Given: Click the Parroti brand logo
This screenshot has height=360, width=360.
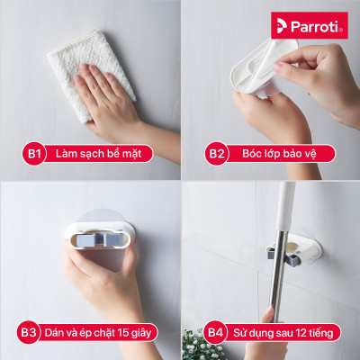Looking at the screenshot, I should [310, 25].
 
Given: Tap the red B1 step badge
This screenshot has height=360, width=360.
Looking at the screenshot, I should [35, 154].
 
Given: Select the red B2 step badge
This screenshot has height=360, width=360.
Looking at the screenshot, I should [217, 154].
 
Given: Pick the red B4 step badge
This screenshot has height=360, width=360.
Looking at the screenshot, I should [217, 332].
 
